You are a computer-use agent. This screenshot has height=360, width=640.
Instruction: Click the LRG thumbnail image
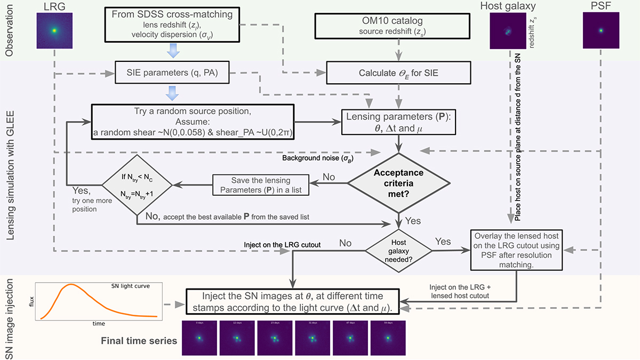tap(54, 30)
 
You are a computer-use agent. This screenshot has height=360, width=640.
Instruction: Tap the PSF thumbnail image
tap(601, 30)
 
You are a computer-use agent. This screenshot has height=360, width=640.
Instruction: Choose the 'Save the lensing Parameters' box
tap(261, 185)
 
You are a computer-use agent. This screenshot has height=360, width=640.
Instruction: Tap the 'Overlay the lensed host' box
tap(517, 249)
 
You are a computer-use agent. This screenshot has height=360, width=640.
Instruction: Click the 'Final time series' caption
tap(139, 339)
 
